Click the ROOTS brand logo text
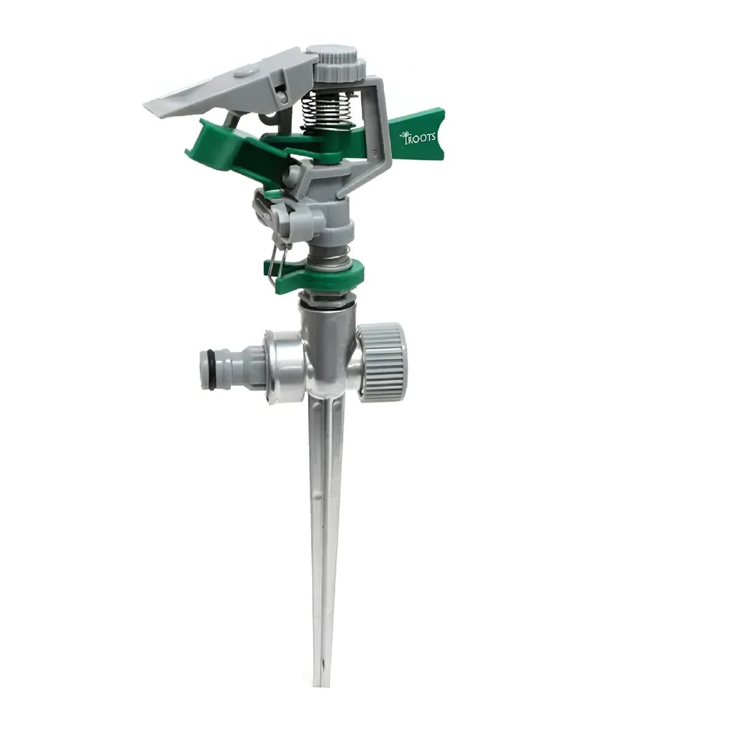(x=419, y=137)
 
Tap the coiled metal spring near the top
(x=321, y=111)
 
